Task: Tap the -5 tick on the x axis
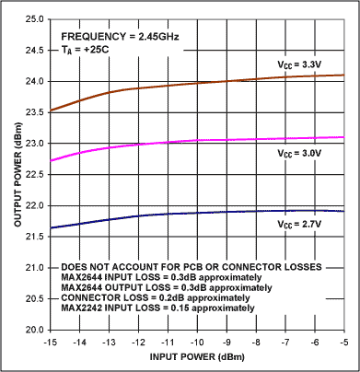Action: point(343,342)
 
